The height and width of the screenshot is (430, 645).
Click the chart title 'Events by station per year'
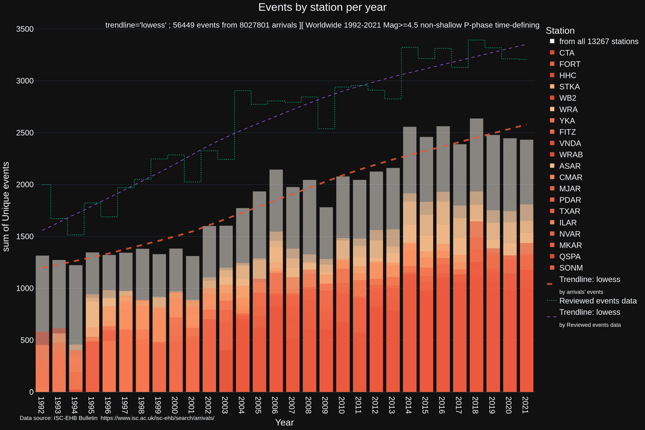[x=322, y=7]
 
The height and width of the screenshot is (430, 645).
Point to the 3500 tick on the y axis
[x=24, y=29]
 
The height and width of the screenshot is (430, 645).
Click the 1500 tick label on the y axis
[x=24, y=236]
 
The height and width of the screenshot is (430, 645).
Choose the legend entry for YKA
[x=567, y=121]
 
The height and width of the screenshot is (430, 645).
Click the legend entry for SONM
[x=570, y=268]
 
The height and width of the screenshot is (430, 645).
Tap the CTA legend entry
[x=567, y=53]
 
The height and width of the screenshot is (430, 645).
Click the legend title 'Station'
[x=560, y=30]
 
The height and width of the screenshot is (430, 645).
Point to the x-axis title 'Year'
[x=284, y=422]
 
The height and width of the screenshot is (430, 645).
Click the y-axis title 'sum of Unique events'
[x=7, y=206]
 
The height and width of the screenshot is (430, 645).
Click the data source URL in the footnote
[x=157, y=417]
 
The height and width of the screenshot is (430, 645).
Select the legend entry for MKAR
[x=570, y=245]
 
